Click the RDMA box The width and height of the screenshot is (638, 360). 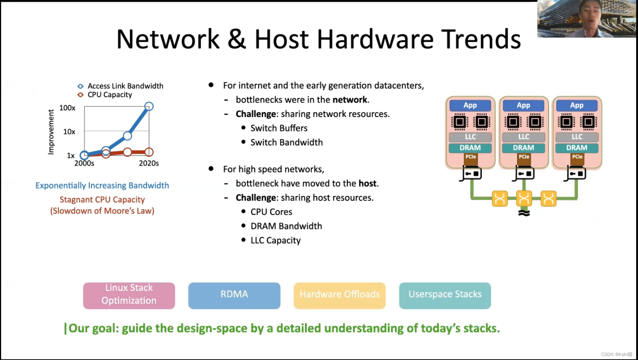[x=234, y=295]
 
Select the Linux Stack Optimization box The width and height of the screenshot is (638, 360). [x=129, y=295]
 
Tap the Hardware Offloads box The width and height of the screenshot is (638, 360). [x=340, y=295]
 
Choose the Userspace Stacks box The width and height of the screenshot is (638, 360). [x=445, y=295]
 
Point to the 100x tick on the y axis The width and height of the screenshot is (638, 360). [x=67, y=108]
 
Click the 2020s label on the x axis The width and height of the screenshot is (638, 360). [x=149, y=163]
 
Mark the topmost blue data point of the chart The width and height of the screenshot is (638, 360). [x=149, y=107]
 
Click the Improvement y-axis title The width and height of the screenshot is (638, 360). [x=51, y=132]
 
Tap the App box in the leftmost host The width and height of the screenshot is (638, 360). [x=470, y=106]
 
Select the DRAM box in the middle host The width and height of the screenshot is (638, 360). [x=523, y=148]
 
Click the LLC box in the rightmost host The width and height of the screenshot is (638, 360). [x=577, y=137]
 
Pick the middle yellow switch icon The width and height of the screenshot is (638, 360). [x=524, y=199]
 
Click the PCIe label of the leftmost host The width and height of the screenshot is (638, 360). [x=470, y=157]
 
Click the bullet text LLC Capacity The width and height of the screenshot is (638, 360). [x=276, y=240]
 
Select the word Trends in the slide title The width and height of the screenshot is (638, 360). [x=481, y=39]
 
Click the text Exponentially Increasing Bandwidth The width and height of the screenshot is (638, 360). [x=102, y=186]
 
